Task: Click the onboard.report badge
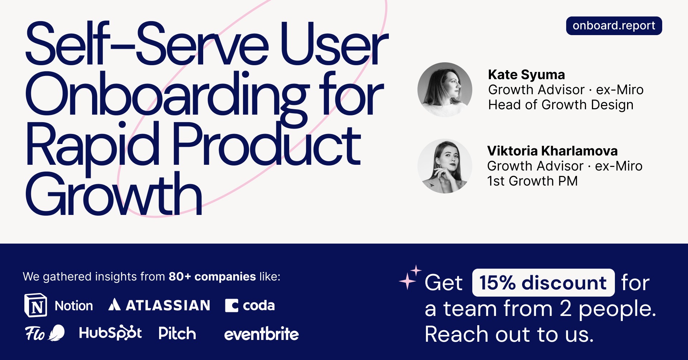613,26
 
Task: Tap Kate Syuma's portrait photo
445,90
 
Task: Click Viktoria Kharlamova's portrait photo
445,166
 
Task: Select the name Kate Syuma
526,75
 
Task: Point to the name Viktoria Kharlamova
552,151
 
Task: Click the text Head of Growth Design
560,105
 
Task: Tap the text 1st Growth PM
532,181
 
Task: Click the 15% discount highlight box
543,283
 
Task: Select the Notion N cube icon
35,305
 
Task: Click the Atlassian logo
159,305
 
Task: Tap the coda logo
250,306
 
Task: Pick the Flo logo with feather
44,333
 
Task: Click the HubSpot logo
110,333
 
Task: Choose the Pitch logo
177,333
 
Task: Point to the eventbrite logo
261,334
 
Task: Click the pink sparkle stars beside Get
410,277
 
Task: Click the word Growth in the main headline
114,195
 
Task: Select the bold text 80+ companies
212,277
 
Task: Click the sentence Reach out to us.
509,335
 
